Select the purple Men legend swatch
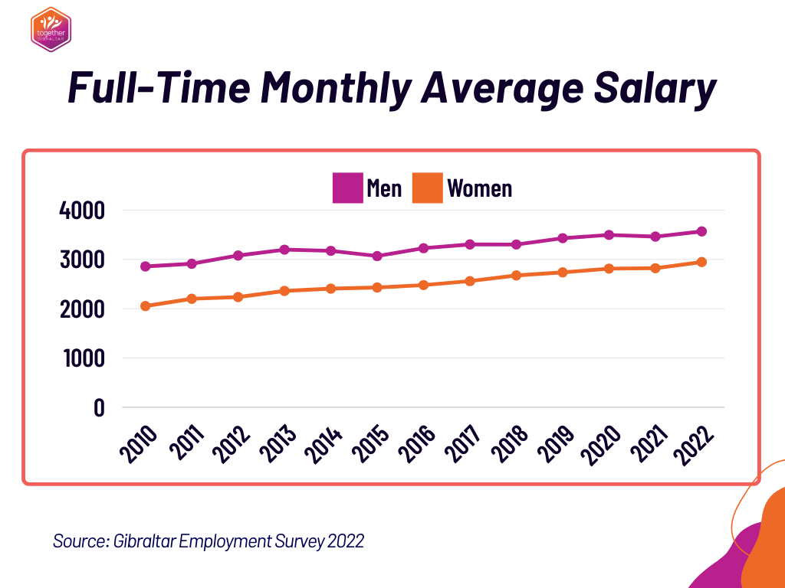pyautogui.click(x=347, y=188)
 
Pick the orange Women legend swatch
pyautogui.click(x=427, y=188)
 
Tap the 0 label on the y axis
pyautogui.click(x=98, y=407)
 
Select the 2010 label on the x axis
pyautogui.click(x=140, y=443)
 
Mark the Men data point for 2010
pyautogui.click(x=144, y=266)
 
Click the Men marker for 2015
pyautogui.click(x=377, y=256)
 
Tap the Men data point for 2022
pyautogui.click(x=701, y=231)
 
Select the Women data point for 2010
pyautogui.click(x=144, y=306)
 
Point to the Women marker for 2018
pyautogui.click(x=516, y=276)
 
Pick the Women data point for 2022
pyautogui.click(x=701, y=262)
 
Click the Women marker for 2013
pyautogui.click(x=284, y=291)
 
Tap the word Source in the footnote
pyautogui.click(x=80, y=541)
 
